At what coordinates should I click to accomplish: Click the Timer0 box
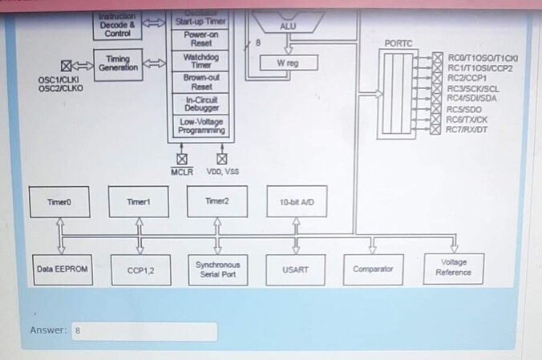point(59,202)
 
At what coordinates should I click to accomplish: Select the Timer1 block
point(138,202)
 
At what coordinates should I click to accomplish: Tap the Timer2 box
point(216,201)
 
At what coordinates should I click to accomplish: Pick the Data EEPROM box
point(62,269)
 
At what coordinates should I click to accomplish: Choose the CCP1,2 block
point(140,270)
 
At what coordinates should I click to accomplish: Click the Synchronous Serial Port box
point(217,269)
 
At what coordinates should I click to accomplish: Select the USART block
point(294,269)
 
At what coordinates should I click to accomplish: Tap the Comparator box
point(373,269)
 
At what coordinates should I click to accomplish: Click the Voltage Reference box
point(453,268)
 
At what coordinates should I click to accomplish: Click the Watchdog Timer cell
point(201,61)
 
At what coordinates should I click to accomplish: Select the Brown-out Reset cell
point(201,82)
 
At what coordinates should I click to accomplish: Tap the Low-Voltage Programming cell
point(201,126)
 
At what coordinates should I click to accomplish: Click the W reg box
point(289,63)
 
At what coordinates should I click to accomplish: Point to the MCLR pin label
point(182,172)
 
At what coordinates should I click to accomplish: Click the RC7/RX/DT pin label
point(467,129)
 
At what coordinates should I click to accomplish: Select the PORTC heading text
point(398,42)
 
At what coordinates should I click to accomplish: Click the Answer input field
point(144,330)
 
